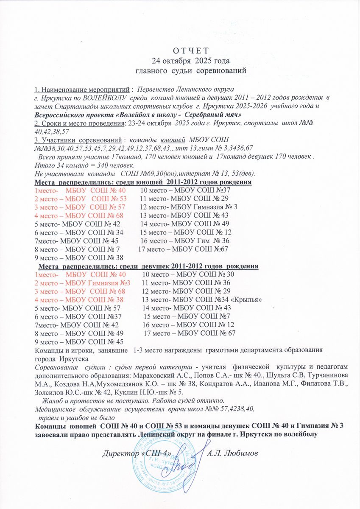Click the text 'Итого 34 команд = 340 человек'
(85, 165)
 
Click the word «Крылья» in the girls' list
(246, 299)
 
